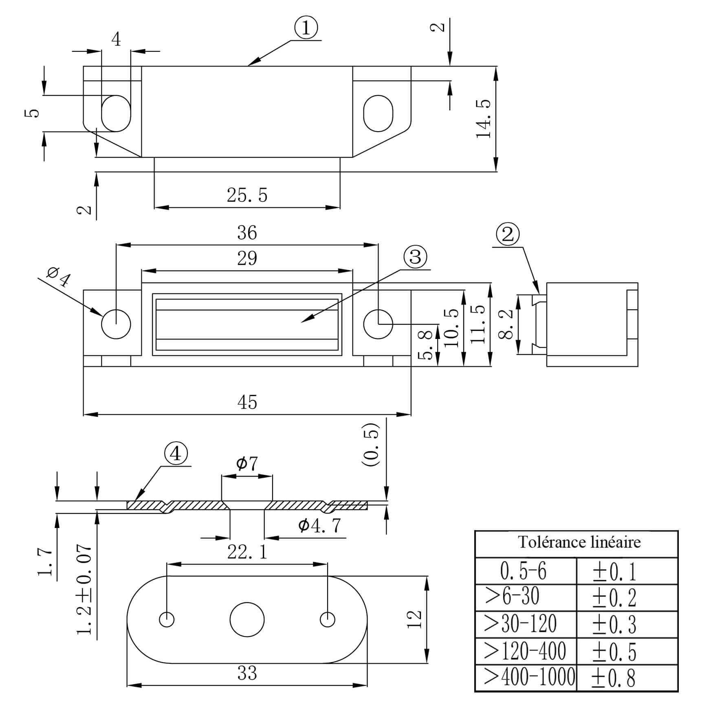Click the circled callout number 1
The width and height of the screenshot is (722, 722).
[x=306, y=29]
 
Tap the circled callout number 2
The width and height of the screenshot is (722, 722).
[x=508, y=235]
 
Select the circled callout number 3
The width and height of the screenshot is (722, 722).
[x=415, y=258]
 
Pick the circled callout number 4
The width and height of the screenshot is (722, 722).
[x=176, y=453]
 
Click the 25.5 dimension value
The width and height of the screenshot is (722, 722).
[x=247, y=195]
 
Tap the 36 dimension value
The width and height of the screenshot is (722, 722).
[x=247, y=233]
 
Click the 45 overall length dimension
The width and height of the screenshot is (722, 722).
[x=247, y=403]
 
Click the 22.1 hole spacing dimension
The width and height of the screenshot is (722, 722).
[x=247, y=553]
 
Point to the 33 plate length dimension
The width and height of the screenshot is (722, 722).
[x=247, y=674]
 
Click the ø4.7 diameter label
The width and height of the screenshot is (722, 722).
[x=319, y=526]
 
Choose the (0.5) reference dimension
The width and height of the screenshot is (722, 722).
[x=371, y=445]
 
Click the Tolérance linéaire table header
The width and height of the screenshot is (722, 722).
[x=579, y=542]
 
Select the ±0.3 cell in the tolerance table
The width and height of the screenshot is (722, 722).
[x=614, y=625]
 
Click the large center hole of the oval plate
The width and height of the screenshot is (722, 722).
[x=247, y=619]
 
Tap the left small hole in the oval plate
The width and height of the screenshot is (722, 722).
[x=167, y=619]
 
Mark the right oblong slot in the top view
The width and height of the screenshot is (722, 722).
[x=378, y=114]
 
